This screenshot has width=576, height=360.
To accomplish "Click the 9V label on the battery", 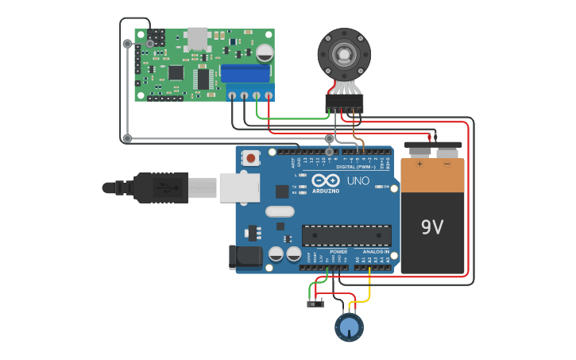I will [x=432, y=228].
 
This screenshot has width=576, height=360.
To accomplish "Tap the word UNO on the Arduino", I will [x=358, y=181].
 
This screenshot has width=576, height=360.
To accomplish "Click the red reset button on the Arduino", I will [x=251, y=158].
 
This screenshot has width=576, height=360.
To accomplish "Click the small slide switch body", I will [x=315, y=304].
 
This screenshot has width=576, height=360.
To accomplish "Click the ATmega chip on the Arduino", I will [x=346, y=235].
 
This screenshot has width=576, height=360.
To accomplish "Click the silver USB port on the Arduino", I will [x=239, y=188].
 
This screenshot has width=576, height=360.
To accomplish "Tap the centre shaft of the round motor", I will [x=344, y=55].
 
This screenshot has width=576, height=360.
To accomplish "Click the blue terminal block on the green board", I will [x=246, y=73].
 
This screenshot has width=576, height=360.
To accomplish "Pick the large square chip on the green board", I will [x=176, y=72].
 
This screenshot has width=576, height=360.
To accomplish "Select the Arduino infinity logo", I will [x=326, y=180].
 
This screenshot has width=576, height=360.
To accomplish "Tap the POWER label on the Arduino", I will [x=338, y=252].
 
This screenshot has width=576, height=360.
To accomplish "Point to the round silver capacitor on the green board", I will [x=265, y=52].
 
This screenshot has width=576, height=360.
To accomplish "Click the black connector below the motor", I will [x=344, y=103].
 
